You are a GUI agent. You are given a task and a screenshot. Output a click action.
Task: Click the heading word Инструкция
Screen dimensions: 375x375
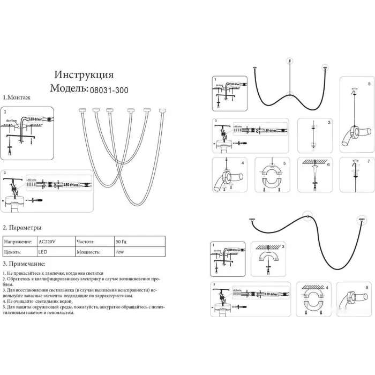[85, 74]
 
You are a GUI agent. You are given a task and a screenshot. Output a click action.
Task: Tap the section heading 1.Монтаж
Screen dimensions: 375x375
[17, 99]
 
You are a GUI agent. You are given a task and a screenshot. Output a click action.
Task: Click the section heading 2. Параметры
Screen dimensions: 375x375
[22, 228]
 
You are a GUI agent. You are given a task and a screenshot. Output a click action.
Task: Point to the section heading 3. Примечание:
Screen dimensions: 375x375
[24, 264]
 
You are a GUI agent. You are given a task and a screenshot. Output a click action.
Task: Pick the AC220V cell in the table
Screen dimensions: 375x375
[47, 242]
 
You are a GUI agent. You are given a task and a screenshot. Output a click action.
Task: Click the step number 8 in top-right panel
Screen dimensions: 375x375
[369, 85]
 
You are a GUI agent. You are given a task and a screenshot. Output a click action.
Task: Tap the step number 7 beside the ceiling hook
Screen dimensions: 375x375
[369, 161]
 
